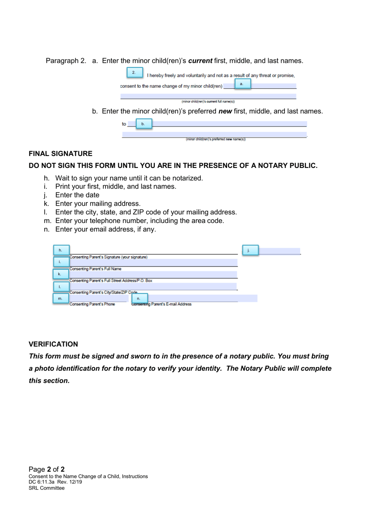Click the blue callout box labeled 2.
coord(134,73)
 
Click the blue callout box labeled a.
coord(242,84)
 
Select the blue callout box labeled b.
coord(143,124)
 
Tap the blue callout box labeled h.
coord(61,250)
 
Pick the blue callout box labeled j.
coord(250,250)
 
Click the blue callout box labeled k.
coord(60,274)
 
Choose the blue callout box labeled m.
coord(60,298)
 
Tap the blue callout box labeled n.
coord(139,298)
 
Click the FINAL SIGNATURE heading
coord(60,154)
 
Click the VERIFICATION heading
coord(53,344)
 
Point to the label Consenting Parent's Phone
coord(92,304)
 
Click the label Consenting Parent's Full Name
coord(95,269)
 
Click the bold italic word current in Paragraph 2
coord(200,61)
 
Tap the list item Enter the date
coord(77,195)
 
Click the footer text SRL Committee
coord(46,488)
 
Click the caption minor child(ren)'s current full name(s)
coord(208,101)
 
